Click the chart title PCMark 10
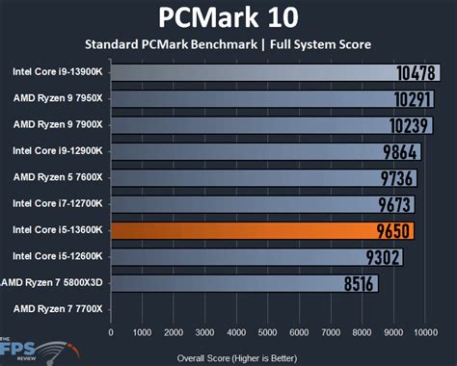click(x=228, y=17)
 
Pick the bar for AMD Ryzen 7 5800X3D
click(x=241, y=283)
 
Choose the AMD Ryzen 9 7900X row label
click(x=57, y=124)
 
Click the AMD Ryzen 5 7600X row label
click(x=57, y=177)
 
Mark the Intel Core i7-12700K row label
click(x=59, y=203)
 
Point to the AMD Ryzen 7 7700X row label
click(x=57, y=309)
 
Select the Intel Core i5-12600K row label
click(x=59, y=256)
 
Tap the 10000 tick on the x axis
click(x=425, y=331)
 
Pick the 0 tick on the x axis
click(x=112, y=331)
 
